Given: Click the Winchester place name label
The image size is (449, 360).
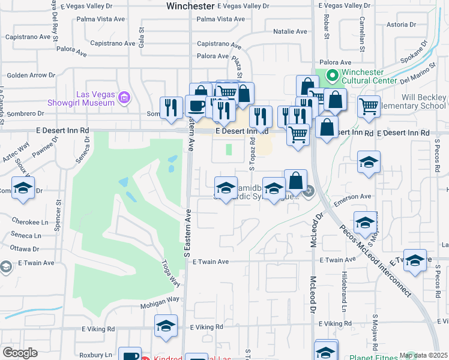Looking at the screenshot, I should point(190,6).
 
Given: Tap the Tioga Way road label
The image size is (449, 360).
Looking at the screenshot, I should point(170,273).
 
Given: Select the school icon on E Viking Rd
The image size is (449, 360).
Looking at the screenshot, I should point(166,326).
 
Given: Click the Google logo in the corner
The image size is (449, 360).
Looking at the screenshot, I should point(20,353).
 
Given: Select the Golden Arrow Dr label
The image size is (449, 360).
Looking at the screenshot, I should point(31,76).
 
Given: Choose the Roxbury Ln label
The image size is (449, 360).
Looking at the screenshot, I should point(95,355).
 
